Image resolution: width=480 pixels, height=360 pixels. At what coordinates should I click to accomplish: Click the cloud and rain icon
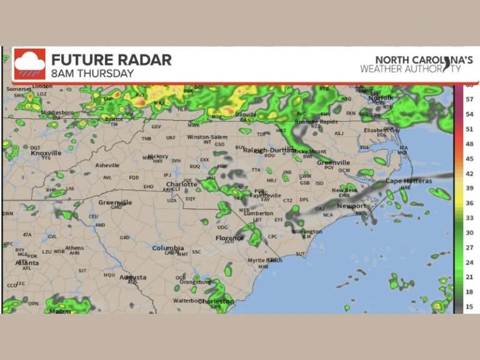[29, 64]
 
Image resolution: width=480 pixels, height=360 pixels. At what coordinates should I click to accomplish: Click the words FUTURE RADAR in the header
[111, 60]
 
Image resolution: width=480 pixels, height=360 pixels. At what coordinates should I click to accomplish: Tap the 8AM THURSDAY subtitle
[92, 73]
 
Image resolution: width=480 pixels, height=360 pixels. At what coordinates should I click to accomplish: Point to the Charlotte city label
[182, 184]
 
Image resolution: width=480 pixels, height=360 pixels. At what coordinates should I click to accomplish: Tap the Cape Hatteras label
[408, 181]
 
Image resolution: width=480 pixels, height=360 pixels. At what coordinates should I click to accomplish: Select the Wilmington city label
[306, 231]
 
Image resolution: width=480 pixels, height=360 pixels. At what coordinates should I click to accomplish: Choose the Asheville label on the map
[107, 165]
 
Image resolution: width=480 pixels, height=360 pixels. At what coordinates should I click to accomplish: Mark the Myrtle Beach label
[264, 260]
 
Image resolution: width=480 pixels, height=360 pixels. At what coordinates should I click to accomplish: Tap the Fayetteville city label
[266, 195]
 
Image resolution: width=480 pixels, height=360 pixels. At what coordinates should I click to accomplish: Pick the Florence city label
[229, 238]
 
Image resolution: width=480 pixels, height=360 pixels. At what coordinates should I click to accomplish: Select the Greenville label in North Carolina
[333, 162]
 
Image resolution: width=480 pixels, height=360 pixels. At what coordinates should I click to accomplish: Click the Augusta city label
[133, 277]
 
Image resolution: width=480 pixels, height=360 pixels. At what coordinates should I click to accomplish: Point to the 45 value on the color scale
[469, 157]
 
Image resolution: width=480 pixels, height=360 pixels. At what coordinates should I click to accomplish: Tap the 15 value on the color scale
[469, 306]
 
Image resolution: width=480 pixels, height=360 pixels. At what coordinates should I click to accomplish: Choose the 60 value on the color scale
[469, 87]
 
